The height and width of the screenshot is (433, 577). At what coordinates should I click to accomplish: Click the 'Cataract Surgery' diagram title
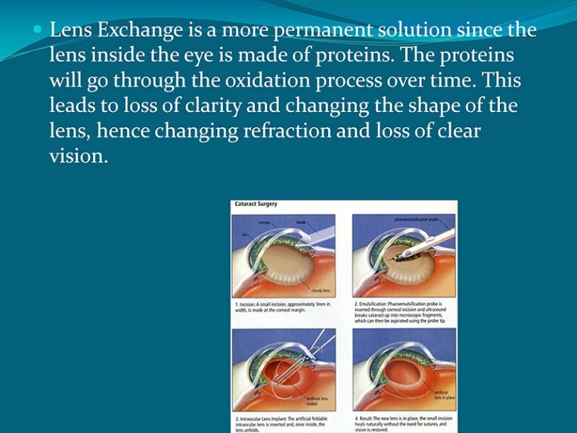(x=256, y=204)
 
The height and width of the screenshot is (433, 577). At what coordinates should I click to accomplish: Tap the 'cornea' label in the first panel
(x=264, y=223)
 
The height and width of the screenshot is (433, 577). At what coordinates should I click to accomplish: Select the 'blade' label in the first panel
(x=300, y=222)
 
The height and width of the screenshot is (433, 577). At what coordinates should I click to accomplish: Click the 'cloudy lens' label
(x=320, y=290)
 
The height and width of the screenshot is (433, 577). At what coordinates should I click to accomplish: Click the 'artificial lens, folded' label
(x=317, y=400)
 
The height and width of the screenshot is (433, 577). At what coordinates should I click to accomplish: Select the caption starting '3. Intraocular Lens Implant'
(x=281, y=422)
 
